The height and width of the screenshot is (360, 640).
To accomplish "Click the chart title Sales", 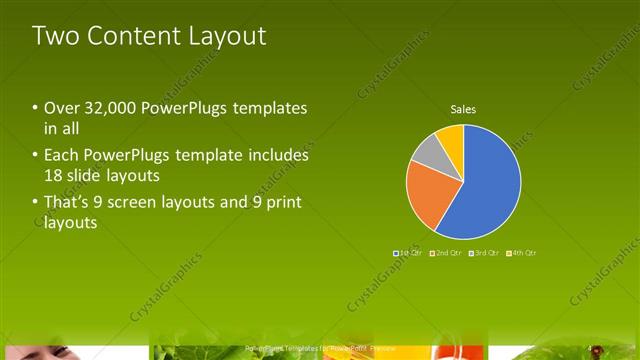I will tap(463, 109).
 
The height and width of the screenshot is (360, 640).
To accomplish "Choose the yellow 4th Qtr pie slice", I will tap(451, 136).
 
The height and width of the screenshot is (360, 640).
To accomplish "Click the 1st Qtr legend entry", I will tap(408, 253).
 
